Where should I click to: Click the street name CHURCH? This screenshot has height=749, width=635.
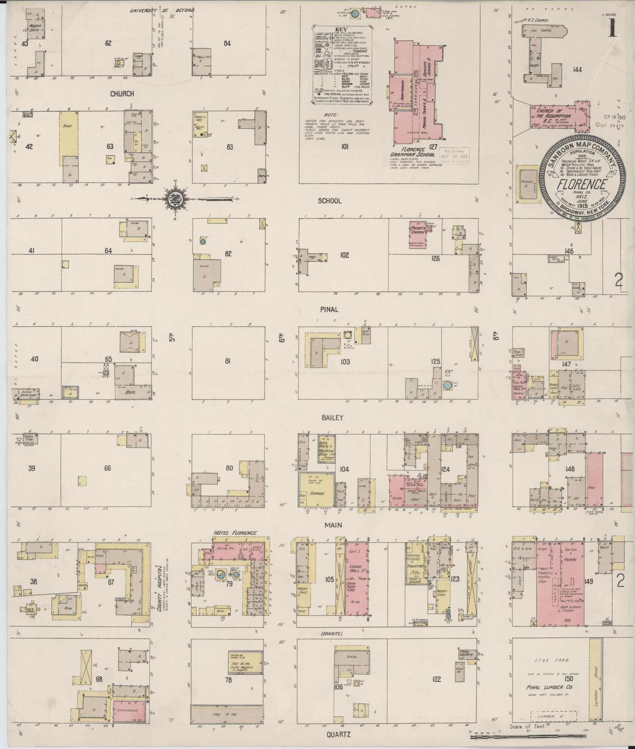[122, 94]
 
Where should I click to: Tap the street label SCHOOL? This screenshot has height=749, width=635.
[329, 201]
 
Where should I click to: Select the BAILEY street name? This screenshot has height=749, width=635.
[332, 418]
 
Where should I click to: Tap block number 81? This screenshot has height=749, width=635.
[227, 361]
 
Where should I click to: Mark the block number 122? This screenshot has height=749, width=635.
[436, 679]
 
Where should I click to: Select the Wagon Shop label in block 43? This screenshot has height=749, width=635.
[35, 28]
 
